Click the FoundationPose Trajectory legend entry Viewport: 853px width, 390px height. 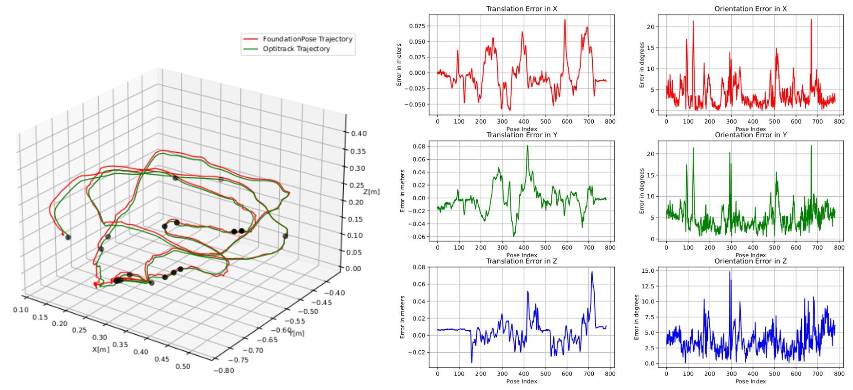(307, 39)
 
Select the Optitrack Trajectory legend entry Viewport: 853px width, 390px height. (296, 49)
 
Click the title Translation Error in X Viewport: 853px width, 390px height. (521, 9)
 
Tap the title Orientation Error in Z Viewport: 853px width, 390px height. (750, 261)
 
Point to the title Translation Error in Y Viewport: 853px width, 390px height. (521, 135)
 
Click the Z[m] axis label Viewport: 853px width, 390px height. (372, 192)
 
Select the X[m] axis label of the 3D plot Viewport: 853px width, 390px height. (101, 349)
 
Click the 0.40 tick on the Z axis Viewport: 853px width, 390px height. (359, 134)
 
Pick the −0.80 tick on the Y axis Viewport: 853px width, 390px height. (224, 370)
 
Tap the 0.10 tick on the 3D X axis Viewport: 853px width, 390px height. (21, 310)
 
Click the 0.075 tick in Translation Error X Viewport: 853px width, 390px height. (416, 26)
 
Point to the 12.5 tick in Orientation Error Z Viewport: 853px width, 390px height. (648, 286)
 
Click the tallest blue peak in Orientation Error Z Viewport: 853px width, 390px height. (729, 272)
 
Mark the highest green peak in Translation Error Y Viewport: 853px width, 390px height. (528, 146)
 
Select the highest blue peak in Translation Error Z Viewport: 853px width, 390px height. (592, 272)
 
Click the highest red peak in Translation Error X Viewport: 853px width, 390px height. (565, 20)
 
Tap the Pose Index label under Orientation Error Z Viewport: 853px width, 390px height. (750, 381)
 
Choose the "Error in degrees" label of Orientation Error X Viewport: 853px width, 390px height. (642, 65)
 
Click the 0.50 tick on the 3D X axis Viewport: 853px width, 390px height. (183, 366)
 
